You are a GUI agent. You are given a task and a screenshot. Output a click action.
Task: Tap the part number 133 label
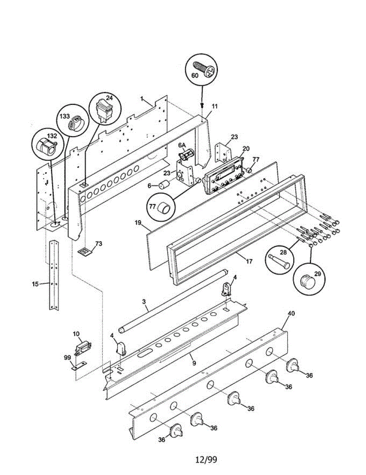(65, 116)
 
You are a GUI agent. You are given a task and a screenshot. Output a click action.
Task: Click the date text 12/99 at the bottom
(206, 460)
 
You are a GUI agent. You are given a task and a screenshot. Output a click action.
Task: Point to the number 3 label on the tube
(144, 302)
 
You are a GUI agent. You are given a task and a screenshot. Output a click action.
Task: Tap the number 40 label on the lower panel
(291, 313)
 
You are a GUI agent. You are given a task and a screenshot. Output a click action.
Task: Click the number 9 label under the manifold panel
(194, 363)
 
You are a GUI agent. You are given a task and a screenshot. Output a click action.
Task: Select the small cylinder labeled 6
(163, 185)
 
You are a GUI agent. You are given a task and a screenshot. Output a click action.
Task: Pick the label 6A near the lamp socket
(181, 145)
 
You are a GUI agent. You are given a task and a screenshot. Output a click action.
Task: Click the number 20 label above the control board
(246, 149)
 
